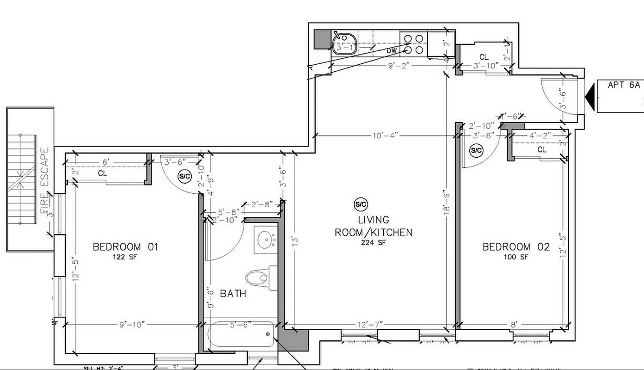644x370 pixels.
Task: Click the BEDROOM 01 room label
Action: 125,247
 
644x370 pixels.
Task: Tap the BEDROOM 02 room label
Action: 516,247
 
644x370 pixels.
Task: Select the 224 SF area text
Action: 374,242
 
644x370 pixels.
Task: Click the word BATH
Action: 233,294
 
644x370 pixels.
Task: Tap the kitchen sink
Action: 343,43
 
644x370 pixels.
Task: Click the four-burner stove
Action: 413,43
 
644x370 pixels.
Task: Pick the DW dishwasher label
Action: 392,50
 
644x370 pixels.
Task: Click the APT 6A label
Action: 624,85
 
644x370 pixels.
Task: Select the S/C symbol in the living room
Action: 361,204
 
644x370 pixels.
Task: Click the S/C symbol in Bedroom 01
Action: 185,176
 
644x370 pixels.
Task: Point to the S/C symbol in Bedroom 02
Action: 476,150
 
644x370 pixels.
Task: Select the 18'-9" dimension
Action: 446,202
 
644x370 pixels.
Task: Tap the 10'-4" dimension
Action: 385,136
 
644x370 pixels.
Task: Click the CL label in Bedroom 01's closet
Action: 103,173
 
